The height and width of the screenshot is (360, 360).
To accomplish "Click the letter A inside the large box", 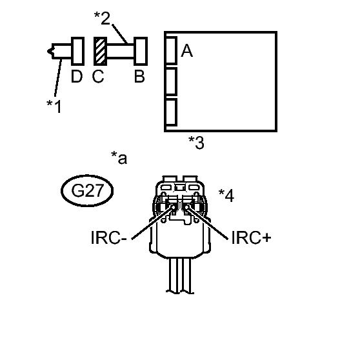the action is tap(187, 51).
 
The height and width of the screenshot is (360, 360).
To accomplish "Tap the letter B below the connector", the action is tap(139, 76).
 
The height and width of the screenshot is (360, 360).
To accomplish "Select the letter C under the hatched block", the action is tap(98, 76).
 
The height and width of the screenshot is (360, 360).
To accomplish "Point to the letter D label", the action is tap(77, 76).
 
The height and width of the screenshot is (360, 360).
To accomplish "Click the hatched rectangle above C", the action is tap(101, 51).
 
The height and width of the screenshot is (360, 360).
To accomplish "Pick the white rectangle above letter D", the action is tap(77, 51).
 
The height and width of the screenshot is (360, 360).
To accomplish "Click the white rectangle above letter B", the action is tap(141, 51).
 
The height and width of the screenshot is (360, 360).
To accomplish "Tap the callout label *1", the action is tap(54, 106).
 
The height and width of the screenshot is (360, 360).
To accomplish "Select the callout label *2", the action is tap(103, 18).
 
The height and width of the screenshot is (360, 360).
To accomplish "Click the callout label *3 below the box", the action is tap(196, 143).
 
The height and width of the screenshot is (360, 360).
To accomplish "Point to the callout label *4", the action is tap(226, 195).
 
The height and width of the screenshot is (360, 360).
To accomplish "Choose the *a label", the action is tap(119, 157).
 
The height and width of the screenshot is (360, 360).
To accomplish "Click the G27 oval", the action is tap(87, 191).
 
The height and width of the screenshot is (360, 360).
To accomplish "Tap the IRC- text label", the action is tap(109, 237).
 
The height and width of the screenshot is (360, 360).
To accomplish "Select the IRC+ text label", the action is tap(251, 237).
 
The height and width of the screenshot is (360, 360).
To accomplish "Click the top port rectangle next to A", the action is tap(171, 50).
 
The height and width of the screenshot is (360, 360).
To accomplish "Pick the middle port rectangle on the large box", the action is tap(171, 81).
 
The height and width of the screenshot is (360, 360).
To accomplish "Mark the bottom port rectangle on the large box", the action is tap(171, 112).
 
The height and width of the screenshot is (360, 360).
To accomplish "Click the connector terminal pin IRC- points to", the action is tap(173, 207).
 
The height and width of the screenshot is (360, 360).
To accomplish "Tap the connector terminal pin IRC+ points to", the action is tap(187, 207).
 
